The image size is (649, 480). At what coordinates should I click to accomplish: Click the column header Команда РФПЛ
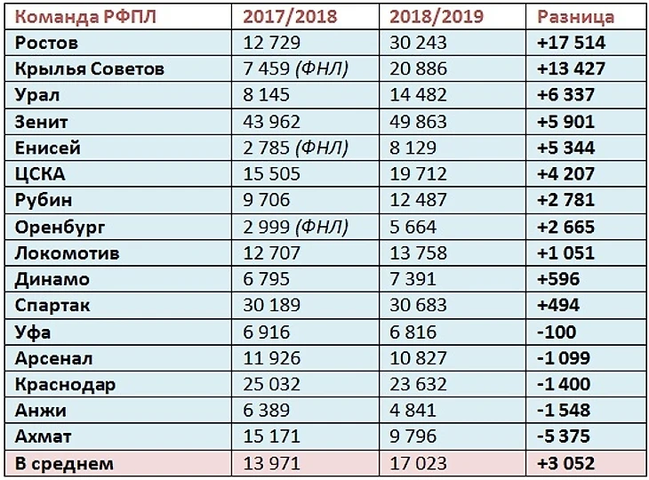82,17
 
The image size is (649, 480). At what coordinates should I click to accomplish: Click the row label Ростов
47,43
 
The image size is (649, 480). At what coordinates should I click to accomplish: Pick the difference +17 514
572,43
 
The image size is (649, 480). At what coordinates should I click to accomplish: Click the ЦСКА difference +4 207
566,174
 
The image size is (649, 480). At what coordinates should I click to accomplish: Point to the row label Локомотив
68,252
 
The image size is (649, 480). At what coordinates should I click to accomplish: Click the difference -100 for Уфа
557,332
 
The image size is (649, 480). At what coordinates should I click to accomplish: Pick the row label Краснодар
66,385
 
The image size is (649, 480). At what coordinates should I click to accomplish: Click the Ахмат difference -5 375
565,437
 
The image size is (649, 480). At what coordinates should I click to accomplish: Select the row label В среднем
65,463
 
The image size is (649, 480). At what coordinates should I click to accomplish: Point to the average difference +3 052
566,463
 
